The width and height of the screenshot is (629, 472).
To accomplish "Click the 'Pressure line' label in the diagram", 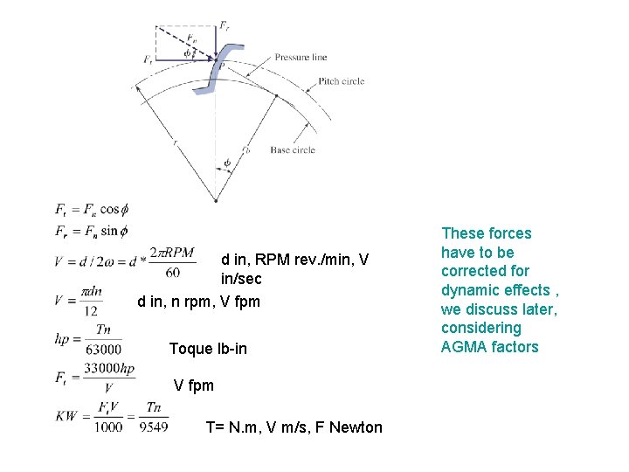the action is coord(301,57).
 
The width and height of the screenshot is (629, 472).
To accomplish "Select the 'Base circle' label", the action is coord(293,150).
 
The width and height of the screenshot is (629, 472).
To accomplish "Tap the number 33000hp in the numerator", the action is coord(110,371).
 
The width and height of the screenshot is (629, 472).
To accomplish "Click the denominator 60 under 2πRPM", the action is coord(172,273).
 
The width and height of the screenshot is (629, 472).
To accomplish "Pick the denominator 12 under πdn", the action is coord(91,310).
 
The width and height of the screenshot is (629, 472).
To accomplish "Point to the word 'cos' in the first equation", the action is coord(110,210).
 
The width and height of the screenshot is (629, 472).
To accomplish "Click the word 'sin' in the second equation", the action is coord(109,232).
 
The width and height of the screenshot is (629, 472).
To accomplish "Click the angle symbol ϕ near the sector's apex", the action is coord(227,162).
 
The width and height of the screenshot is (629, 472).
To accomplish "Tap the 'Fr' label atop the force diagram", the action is coord(225,26).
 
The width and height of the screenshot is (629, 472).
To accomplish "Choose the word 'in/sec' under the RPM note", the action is coord(241,279).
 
